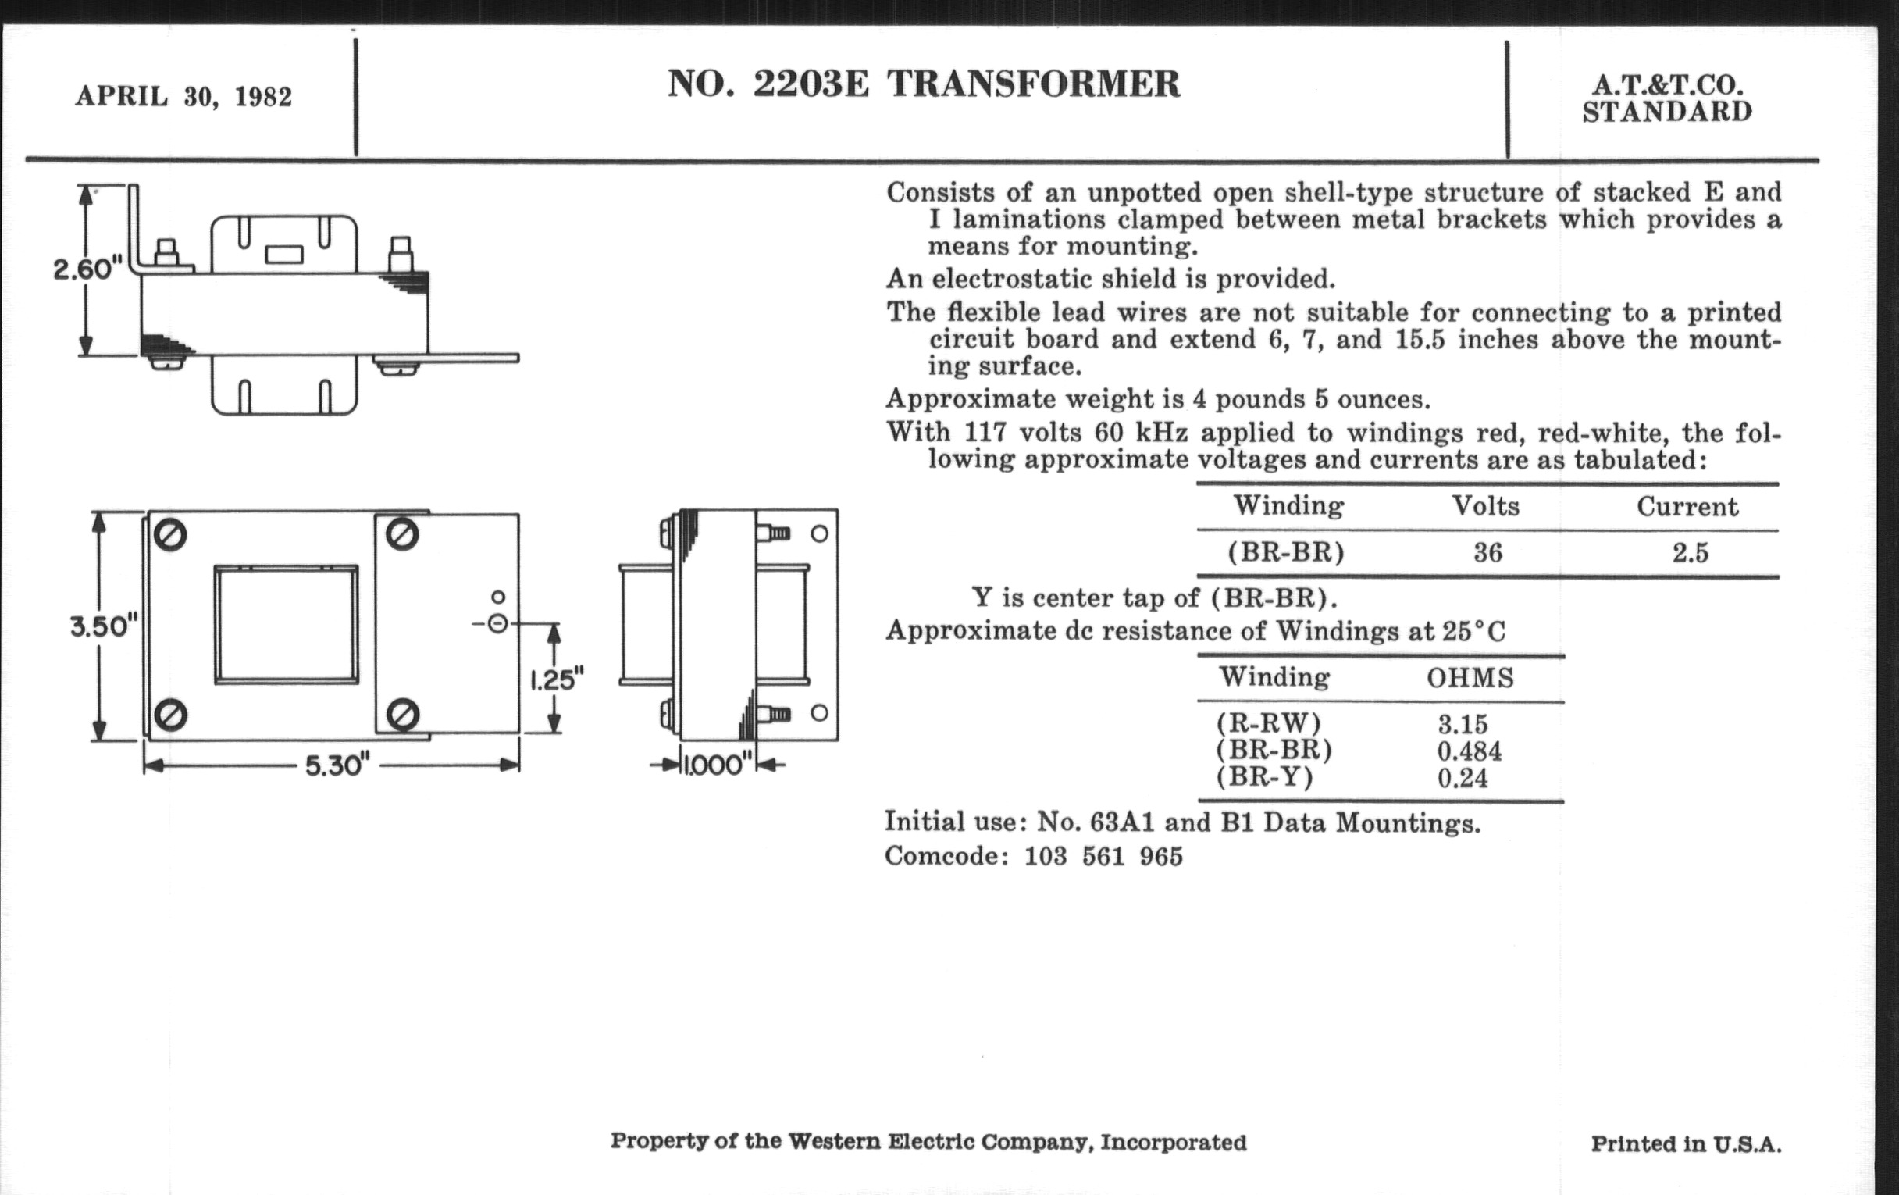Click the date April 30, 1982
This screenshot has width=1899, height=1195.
click(x=183, y=96)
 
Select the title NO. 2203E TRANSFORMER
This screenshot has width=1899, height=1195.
click(x=924, y=84)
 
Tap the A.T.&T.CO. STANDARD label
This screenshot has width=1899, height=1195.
click(x=1666, y=98)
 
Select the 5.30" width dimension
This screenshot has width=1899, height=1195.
click(x=337, y=765)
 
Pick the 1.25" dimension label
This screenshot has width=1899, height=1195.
click(x=556, y=680)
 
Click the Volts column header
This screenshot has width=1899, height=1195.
click(x=1486, y=505)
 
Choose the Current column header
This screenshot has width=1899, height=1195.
click(x=1687, y=506)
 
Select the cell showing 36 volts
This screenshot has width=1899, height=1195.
click(x=1487, y=552)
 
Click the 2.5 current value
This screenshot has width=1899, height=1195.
click(x=1690, y=552)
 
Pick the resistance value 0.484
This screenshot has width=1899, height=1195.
click(x=1470, y=750)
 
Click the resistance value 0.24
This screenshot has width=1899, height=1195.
click(x=1462, y=779)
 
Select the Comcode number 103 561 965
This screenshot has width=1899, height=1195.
click(x=1103, y=857)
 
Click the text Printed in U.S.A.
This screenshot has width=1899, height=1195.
click(x=1686, y=1143)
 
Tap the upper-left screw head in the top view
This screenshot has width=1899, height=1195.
click(x=170, y=536)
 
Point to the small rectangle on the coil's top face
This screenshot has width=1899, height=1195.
click(x=284, y=255)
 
